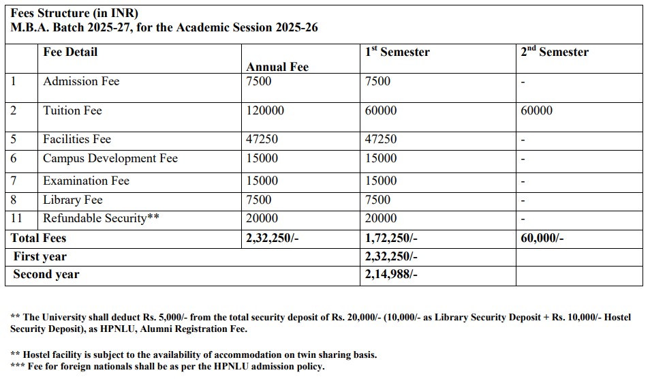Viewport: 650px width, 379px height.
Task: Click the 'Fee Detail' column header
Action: [x=70, y=52]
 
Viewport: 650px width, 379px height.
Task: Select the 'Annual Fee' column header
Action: [x=277, y=67]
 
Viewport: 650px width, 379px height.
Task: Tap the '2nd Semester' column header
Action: [x=555, y=52]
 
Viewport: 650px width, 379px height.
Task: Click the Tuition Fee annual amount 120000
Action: [x=265, y=110]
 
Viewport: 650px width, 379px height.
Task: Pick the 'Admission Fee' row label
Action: [x=81, y=81]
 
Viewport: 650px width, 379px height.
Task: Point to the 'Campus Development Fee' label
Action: [x=110, y=158]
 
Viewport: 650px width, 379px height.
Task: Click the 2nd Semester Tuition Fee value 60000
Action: [x=536, y=110]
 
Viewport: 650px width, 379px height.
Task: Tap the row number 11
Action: [x=17, y=218]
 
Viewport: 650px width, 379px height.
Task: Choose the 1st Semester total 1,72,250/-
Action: [x=391, y=238]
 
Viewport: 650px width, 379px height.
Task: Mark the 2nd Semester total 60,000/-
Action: [x=542, y=238]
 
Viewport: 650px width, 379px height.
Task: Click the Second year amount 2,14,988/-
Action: [x=391, y=274]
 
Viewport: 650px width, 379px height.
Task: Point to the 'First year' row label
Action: [x=40, y=256]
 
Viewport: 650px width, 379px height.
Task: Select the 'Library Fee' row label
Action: [x=72, y=200]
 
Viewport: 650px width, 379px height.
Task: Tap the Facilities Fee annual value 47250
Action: [x=262, y=139]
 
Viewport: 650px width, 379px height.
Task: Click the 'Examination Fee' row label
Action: [x=86, y=181]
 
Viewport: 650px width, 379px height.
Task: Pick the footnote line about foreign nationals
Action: [x=168, y=367]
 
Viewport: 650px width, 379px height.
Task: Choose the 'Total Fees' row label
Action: [x=38, y=238]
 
